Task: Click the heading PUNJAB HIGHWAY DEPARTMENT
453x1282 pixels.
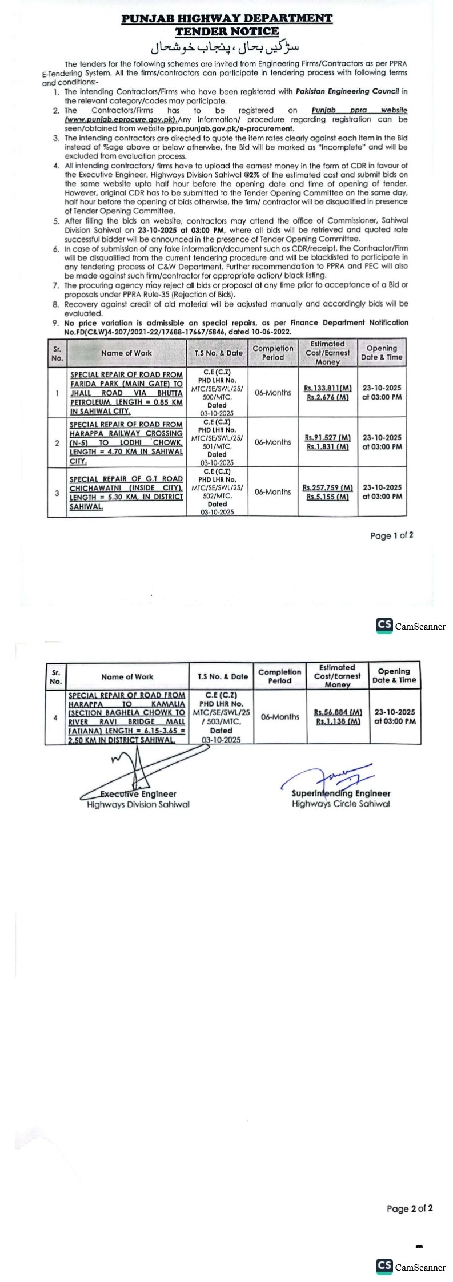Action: tap(226, 19)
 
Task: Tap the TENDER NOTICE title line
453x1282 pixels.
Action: tap(226, 31)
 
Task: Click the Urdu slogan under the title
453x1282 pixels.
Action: tap(226, 47)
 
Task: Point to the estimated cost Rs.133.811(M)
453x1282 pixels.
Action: tap(327, 388)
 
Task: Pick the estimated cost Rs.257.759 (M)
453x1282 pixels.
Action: tap(327, 488)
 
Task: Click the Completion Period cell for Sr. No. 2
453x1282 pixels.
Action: tap(272, 442)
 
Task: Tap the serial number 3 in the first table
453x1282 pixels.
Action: tap(57, 493)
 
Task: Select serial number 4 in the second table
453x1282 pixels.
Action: tap(55, 717)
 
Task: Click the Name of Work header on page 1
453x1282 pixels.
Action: tap(126, 353)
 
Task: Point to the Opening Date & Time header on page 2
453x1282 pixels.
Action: tap(394, 675)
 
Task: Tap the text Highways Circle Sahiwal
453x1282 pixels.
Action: tap(340, 804)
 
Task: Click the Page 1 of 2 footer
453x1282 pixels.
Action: tap(391, 535)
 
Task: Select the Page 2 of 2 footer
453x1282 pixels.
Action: tap(409, 1208)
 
